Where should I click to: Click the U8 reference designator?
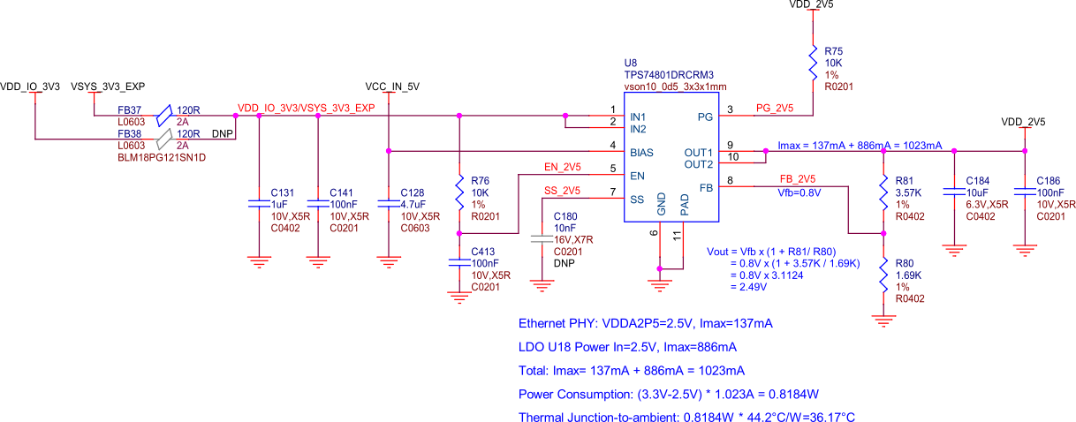631,63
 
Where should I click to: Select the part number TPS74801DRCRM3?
669,75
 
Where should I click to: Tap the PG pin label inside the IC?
705,117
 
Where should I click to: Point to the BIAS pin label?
643,152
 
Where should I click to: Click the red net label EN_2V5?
562,167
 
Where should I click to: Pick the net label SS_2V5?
562,191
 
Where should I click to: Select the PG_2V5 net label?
775,108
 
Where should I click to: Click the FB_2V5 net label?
797,178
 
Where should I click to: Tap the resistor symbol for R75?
813,63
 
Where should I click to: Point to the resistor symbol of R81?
883,192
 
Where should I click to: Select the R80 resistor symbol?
883,275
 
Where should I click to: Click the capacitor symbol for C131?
258,204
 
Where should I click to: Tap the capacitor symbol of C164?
954,191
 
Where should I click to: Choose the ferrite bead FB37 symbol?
163,115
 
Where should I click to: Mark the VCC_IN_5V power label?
391,87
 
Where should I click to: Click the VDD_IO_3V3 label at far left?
30,87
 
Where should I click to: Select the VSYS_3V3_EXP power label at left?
108,87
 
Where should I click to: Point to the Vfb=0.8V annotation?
799,192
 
